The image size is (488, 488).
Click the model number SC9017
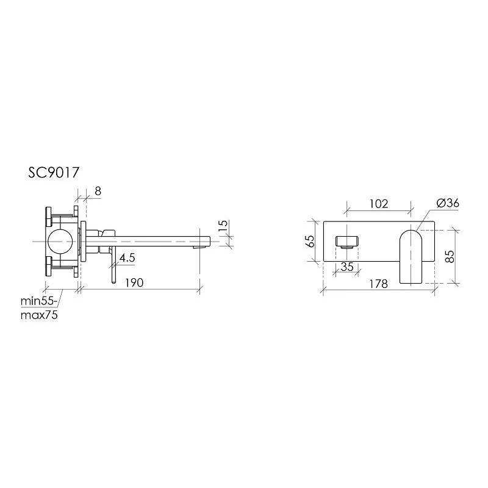54,173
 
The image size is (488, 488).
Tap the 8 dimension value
98,191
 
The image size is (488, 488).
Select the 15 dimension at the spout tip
224,225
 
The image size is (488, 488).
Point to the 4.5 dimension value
127,257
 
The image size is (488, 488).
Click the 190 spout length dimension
134,282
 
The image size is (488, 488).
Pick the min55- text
39,301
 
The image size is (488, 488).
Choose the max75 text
39,315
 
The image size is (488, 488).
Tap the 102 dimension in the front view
379,204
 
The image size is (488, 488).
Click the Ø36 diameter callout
448,203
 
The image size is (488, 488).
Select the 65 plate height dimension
310,241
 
